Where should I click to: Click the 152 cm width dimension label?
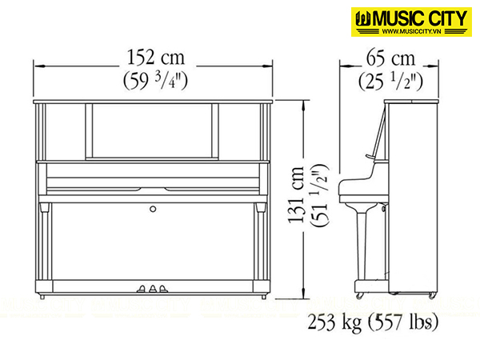click(x=156, y=58)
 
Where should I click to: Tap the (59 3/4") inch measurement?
click(x=155, y=81)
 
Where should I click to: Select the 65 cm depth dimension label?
click(x=390, y=58)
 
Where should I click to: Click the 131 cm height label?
click(x=296, y=194)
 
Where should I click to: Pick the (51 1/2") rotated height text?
click(x=319, y=195)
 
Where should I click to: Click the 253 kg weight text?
click(x=335, y=322)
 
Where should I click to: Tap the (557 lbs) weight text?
click(x=403, y=322)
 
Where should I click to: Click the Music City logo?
click(x=411, y=22)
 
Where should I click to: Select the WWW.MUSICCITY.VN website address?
click(x=411, y=31)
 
